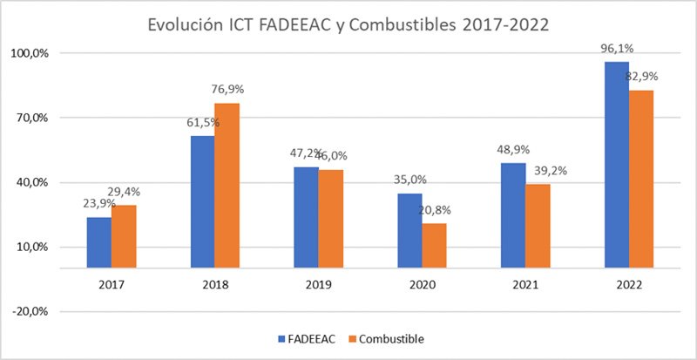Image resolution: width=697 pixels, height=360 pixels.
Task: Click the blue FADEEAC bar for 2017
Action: tap(99, 242)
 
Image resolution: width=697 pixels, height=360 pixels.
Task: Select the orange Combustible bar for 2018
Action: tap(227, 185)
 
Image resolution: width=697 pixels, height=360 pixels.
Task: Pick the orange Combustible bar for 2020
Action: tap(434, 246)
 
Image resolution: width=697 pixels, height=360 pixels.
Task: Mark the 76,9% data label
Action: tap(230, 92)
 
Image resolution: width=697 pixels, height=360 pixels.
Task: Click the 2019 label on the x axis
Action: tap(318, 285)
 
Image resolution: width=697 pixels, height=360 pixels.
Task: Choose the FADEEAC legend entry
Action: tap(305, 337)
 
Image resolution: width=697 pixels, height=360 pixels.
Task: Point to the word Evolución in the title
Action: tap(189, 24)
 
